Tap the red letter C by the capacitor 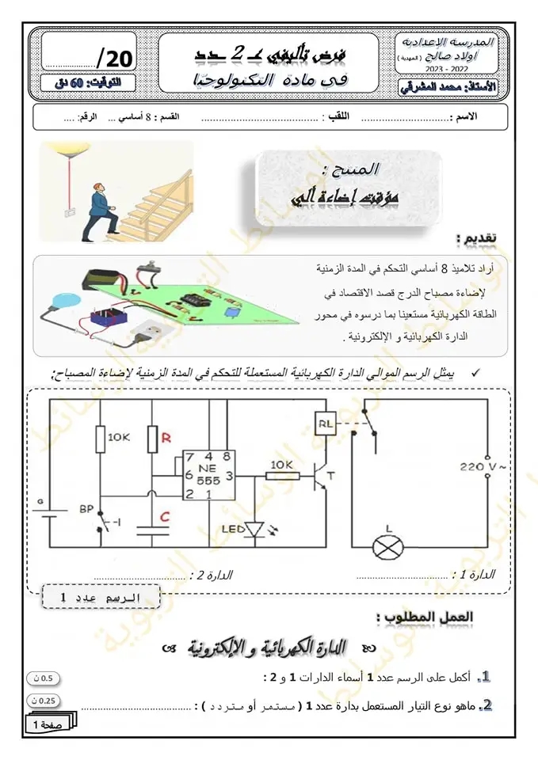point(165,517)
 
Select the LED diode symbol point(254,529)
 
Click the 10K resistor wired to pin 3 point(281,476)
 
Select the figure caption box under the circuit point(98,595)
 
